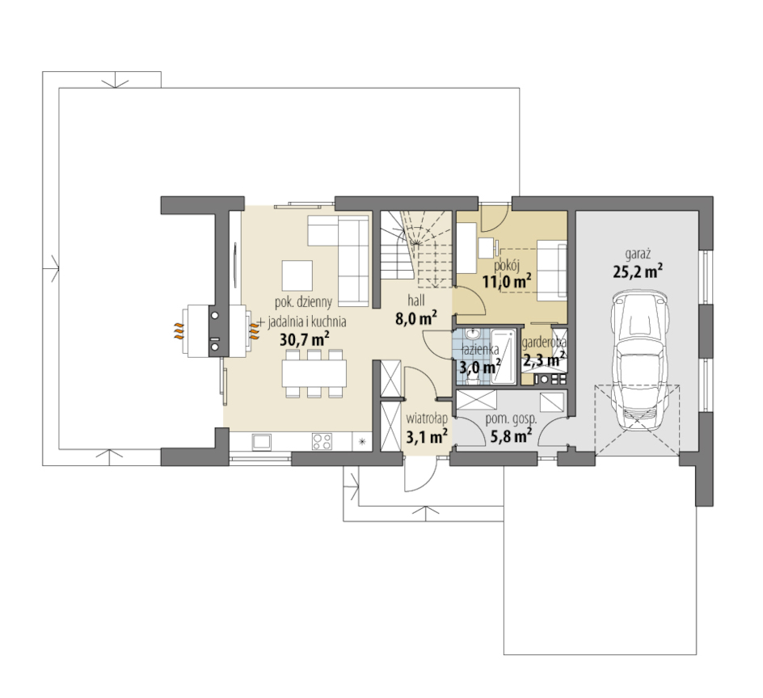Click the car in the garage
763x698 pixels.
pos(639,360)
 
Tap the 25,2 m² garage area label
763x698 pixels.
pos(638,271)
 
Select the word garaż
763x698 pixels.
pos(639,254)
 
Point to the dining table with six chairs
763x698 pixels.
pos(314,373)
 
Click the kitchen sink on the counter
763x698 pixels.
pos(262,441)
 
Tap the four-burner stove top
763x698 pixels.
pos(322,441)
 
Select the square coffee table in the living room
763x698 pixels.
pos(297,275)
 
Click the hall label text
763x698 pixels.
pos(416,301)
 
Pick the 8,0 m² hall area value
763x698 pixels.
pos(416,318)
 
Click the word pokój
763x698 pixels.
pos(507,266)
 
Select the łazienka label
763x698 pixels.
pos(480,349)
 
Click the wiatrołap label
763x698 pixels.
pos(427,418)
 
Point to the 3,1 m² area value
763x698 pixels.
pos(427,437)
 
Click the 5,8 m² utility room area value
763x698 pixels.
pos(511,435)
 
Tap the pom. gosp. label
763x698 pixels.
pos(511,418)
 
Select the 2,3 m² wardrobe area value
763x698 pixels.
pos(544,360)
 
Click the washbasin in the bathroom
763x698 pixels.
pos(471,334)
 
